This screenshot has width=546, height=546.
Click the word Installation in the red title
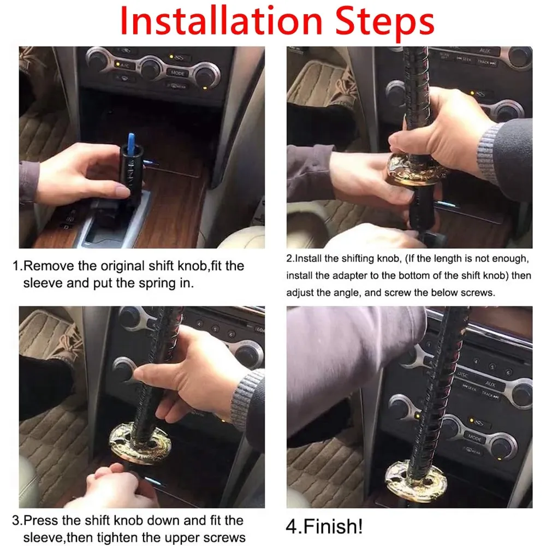(x=221, y=20)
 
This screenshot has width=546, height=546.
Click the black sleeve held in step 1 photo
(x=131, y=174)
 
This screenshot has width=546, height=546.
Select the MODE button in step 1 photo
(x=177, y=73)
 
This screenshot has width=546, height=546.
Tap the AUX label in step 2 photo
(x=484, y=51)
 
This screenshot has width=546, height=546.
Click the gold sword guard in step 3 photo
(x=140, y=443)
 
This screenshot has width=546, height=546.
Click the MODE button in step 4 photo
(x=474, y=438)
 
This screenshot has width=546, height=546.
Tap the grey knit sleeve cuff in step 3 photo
(x=248, y=396)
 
